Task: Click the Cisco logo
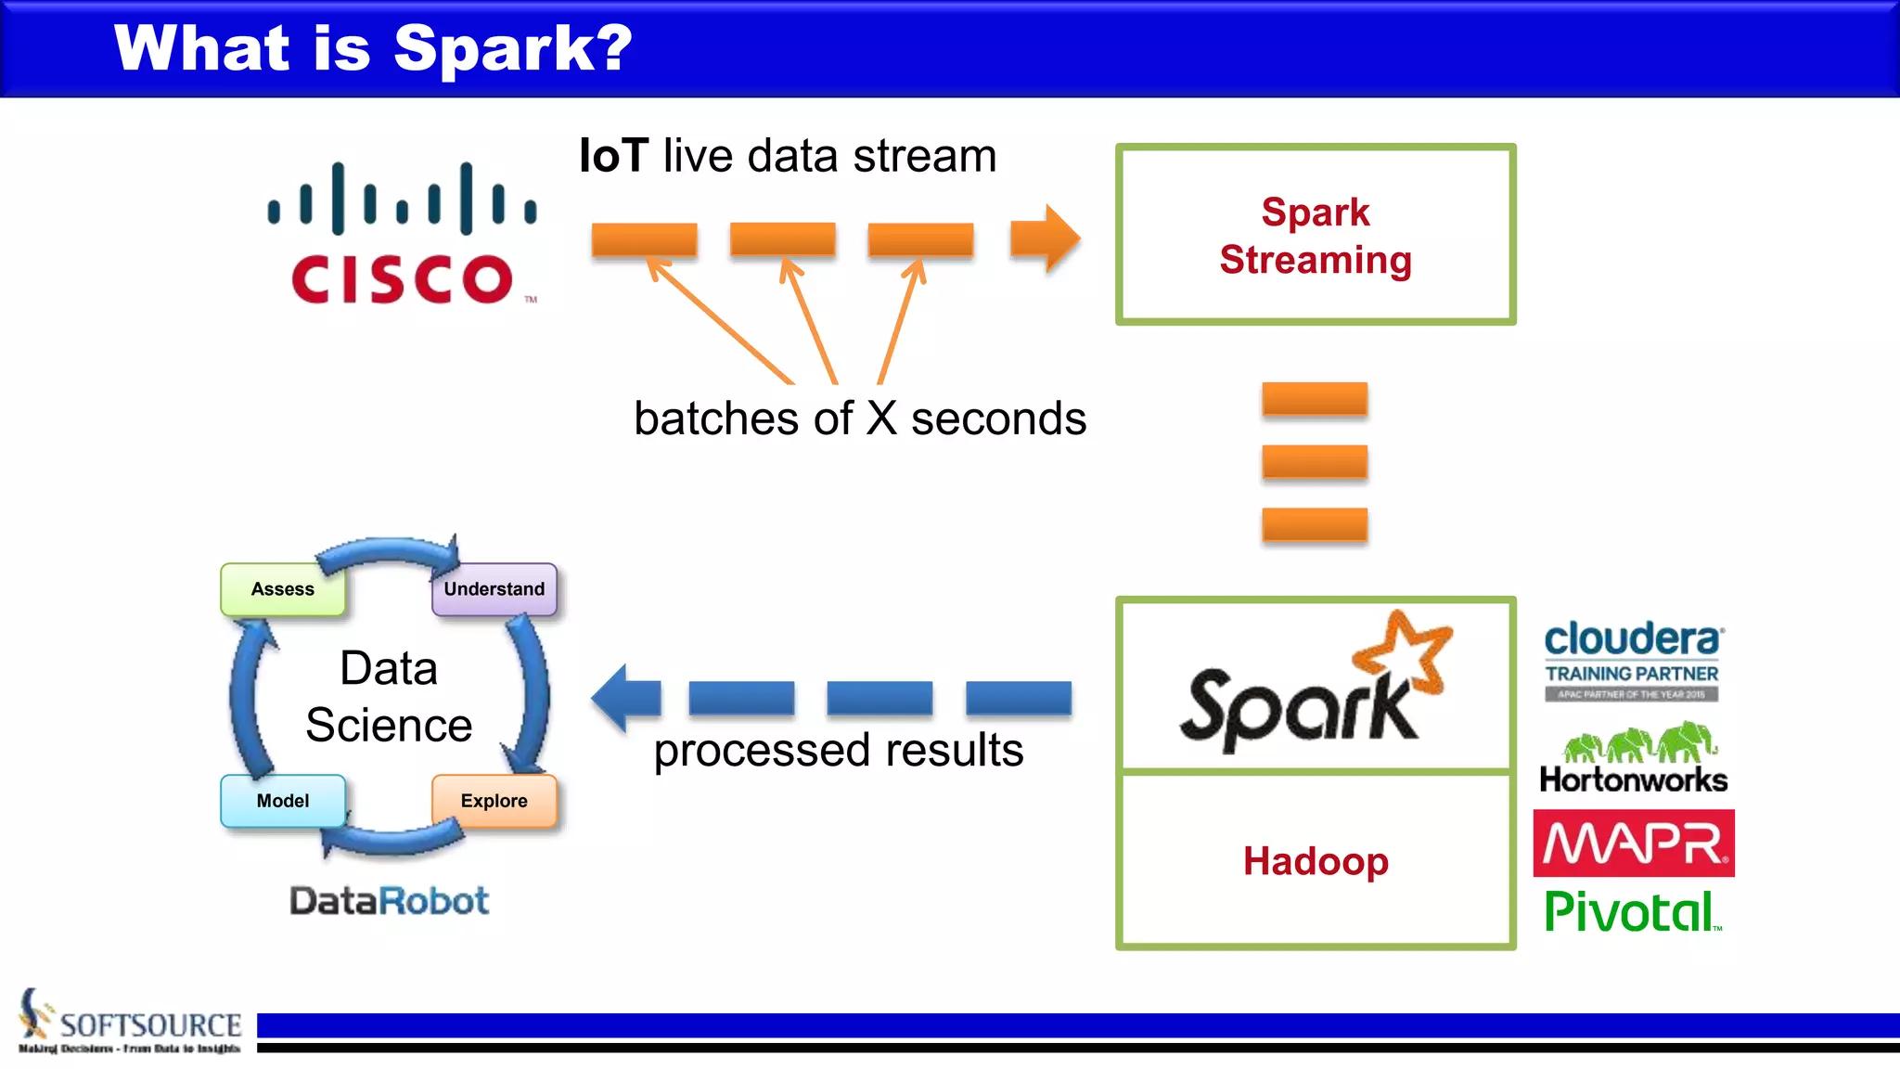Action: (402, 235)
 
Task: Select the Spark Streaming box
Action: (1315, 235)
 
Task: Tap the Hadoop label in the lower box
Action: (1315, 861)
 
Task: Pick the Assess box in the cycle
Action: (282, 589)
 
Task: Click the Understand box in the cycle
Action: (494, 589)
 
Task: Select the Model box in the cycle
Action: (282, 801)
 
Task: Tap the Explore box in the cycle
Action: (494, 801)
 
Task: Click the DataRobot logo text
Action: (389, 900)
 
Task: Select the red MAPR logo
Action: (1633, 844)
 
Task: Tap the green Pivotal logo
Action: (1631, 912)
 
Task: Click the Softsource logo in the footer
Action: (130, 1024)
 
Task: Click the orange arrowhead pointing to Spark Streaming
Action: (1048, 238)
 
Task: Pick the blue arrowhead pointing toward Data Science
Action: (623, 698)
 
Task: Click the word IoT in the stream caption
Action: (612, 156)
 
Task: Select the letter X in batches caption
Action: (881, 419)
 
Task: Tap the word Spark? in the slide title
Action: (512, 48)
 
